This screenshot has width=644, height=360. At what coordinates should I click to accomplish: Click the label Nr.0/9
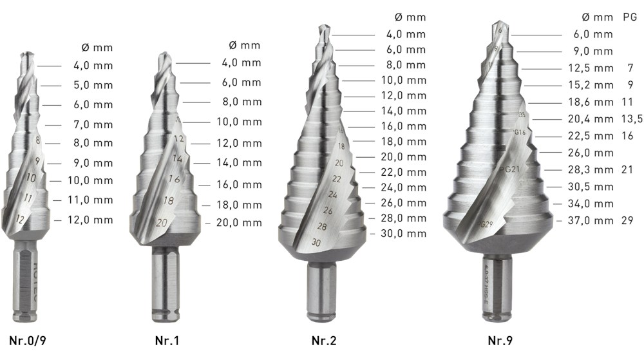[28, 340]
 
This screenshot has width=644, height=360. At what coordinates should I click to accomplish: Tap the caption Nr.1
[167, 340]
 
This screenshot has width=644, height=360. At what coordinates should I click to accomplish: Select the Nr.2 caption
[324, 340]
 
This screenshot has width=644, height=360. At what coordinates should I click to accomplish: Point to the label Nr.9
[500, 340]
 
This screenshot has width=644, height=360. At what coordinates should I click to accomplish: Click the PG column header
[630, 17]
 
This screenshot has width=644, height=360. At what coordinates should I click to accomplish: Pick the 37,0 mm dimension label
[591, 220]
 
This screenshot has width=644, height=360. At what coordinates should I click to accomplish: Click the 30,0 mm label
[404, 234]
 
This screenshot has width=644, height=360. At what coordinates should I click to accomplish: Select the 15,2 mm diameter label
[591, 85]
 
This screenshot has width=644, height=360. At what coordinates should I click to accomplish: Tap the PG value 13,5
[632, 119]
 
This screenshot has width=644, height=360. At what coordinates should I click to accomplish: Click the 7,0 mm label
[93, 124]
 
